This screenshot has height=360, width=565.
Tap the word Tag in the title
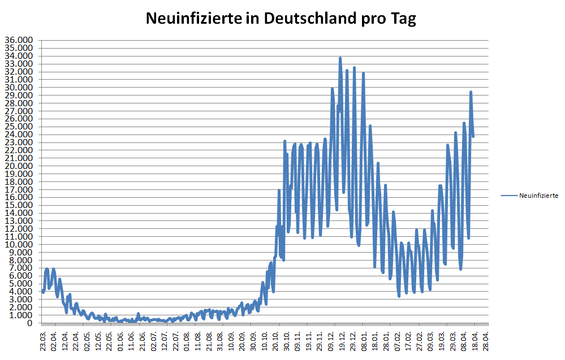point(403,19)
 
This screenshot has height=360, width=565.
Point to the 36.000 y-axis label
point(19,40)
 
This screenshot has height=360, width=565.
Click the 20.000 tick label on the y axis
point(19,166)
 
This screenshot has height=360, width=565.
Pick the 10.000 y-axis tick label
point(19,244)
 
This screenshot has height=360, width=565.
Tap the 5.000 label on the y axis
point(21,284)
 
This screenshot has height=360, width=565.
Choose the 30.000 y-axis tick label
point(19,87)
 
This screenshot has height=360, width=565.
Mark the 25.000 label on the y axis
point(19,127)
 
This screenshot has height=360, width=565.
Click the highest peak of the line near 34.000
point(340,58)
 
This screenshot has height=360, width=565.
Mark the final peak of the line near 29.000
point(471,92)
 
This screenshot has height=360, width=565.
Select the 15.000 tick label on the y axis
point(19,205)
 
